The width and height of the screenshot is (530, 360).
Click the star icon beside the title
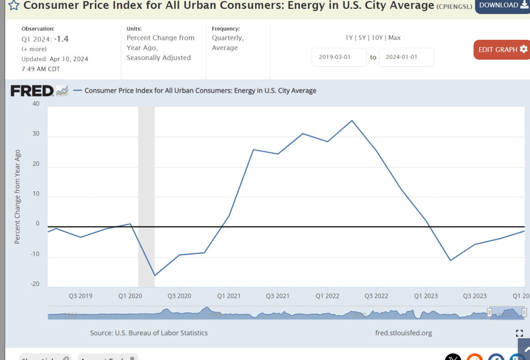14,6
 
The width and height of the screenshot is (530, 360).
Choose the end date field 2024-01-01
406,57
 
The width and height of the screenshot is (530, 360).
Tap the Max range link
394,38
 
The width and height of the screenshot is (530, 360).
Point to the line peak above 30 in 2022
352,121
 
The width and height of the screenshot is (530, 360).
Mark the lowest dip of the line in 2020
154,275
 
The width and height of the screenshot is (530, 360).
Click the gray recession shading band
146,197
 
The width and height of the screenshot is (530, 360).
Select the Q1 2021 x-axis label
228,296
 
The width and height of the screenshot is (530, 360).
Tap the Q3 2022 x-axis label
376,296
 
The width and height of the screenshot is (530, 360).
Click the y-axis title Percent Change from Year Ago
18,197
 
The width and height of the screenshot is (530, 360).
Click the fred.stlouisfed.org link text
403,333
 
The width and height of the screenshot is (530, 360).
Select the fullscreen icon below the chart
519,333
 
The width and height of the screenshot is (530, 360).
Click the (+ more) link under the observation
34,49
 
